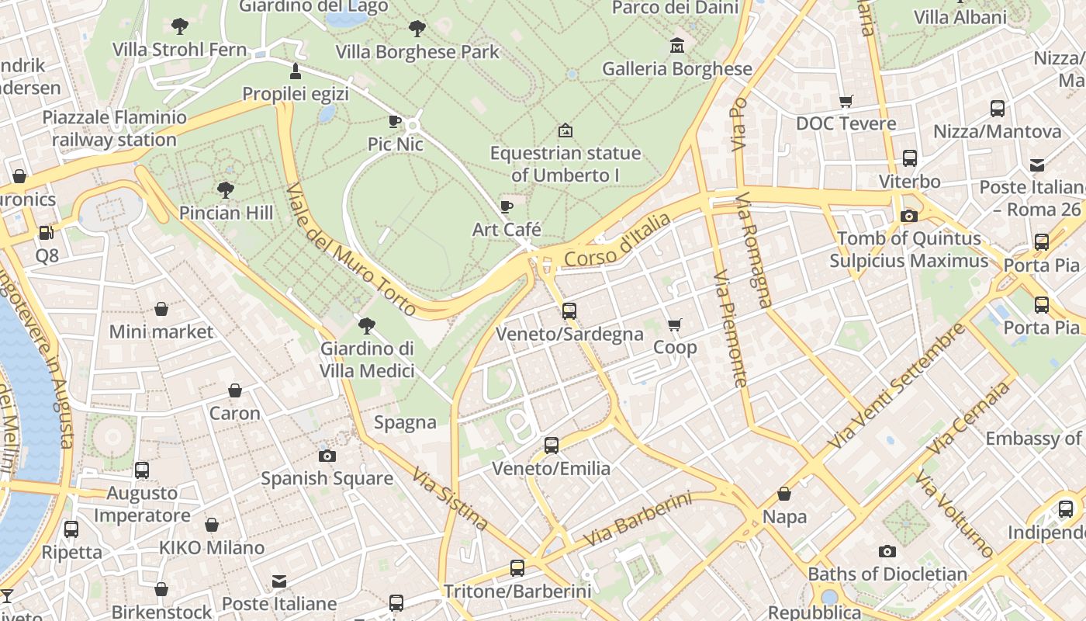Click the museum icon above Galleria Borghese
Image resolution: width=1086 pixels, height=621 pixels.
point(677,45)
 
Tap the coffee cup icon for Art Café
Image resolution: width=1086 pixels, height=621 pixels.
point(507,206)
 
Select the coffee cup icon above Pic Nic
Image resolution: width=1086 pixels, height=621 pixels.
point(395,121)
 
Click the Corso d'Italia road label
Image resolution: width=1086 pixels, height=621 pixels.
point(617,240)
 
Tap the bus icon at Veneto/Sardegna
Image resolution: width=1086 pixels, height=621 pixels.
point(569,311)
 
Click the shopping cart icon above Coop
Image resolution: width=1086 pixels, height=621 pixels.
point(675,324)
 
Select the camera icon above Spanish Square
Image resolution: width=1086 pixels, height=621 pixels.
point(327,456)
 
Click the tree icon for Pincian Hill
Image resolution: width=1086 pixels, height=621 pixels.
point(226,189)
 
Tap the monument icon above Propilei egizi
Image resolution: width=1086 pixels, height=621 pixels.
point(295,71)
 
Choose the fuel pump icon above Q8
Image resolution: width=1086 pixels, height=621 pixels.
point(47,232)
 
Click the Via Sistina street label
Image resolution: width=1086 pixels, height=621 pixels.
point(450,498)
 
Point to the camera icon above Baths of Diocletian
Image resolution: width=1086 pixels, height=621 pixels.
point(887,551)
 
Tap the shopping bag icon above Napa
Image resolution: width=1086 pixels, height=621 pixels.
point(784,494)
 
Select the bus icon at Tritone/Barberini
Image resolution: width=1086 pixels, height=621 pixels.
point(517,568)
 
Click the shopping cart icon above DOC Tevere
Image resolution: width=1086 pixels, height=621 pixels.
point(846,101)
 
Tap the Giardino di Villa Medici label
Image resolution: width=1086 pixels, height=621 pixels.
point(367,359)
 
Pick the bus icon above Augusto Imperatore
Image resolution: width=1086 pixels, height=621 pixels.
point(142,470)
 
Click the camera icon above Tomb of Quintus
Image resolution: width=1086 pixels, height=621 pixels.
point(908,216)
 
